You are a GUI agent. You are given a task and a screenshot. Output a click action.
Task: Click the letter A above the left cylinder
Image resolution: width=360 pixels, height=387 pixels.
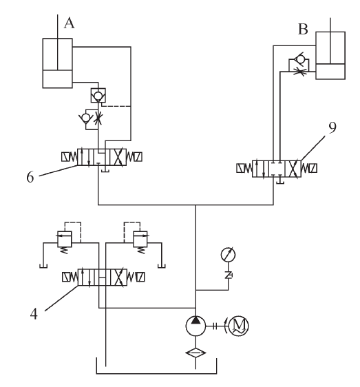[68, 23]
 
